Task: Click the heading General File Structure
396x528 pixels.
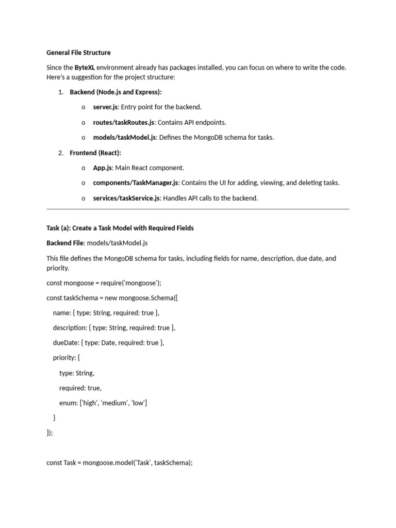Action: pyautogui.click(x=78, y=53)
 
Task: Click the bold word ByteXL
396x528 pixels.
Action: pyautogui.click(x=85, y=68)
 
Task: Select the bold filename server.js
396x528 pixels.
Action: pyautogui.click(x=106, y=107)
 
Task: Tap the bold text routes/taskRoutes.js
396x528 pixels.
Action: pyautogui.click(x=124, y=122)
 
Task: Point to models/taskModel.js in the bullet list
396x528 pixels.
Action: pyautogui.click(x=124, y=138)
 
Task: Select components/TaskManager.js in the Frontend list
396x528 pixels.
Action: pyautogui.click(x=136, y=183)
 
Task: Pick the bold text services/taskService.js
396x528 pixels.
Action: pyautogui.click(x=126, y=198)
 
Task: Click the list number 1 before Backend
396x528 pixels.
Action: pyautogui.click(x=60, y=92)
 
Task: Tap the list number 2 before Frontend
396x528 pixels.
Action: pyautogui.click(x=60, y=153)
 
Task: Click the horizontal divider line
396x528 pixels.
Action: pyautogui.click(x=198, y=209)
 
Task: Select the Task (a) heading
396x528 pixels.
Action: pyautogui.click(x=120, y=228)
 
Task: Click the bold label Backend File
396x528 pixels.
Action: pyautogui.click(x=65, y=243)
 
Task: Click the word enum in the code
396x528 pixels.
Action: pyautogui.click(x=68, y=403)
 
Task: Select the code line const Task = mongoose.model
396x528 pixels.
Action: pyautogui.click(x=120, y=463)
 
